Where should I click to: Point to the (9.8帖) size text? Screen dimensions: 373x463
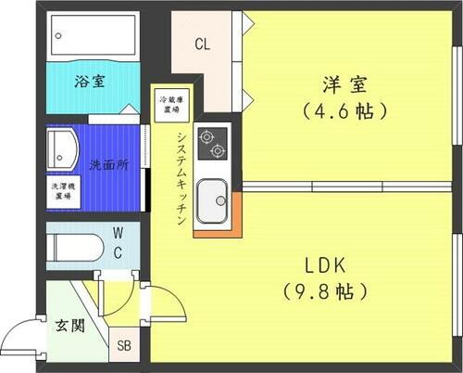click(326, 291)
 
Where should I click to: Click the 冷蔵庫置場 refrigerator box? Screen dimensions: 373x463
click(169, 105)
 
